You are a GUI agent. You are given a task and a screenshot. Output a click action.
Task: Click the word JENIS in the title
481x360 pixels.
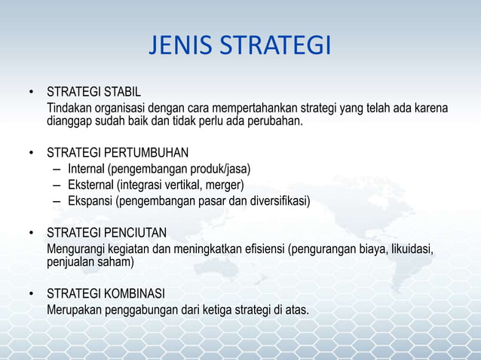(x=179, y=47)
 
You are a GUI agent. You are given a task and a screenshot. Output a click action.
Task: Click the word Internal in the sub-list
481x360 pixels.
(x=86, y=168)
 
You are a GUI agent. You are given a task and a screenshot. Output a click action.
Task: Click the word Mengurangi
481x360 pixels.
(x=75, y=249)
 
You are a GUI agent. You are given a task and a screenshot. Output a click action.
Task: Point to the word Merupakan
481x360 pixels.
(x=75, y=310)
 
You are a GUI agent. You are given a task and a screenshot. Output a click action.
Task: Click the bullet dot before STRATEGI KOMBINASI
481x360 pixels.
(x=32, y=294)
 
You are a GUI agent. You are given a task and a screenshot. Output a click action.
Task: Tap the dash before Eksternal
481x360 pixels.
(x=57, y=185)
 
